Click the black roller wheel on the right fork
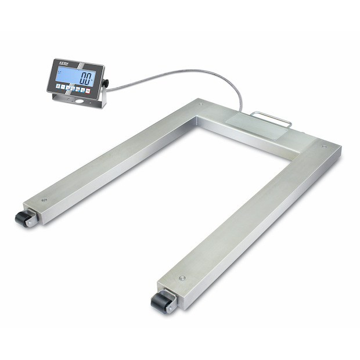coord(159,303)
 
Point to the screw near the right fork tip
coord(182,278)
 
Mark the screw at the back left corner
coord(200,105)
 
